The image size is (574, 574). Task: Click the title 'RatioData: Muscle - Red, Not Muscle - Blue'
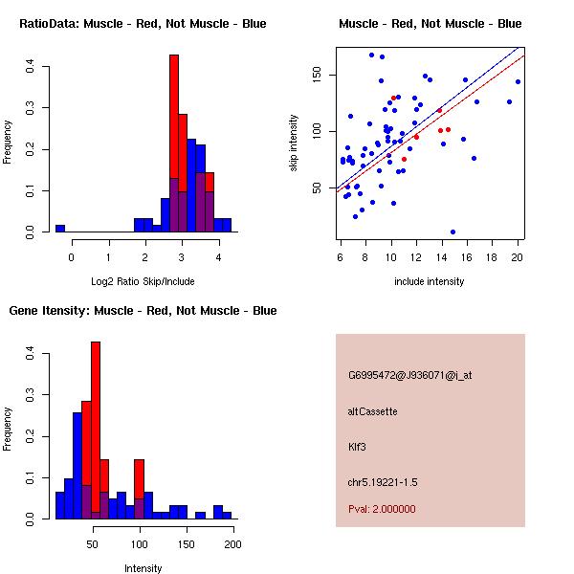point(143,23)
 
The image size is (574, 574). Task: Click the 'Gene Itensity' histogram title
point(143,311)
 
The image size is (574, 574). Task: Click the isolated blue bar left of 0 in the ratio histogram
point(60,229)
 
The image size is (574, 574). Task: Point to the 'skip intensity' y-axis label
point(294,143)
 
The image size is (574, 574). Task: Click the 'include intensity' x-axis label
point(430,281)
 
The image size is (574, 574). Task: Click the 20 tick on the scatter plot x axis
point(518,256)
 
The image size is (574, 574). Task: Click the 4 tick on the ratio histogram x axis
point(218,256)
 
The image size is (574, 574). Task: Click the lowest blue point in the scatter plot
point(453,232)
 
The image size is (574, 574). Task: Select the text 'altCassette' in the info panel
point(372,411)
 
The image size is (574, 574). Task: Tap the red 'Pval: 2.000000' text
point(382,509)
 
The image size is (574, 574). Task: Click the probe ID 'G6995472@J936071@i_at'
point(409,375)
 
